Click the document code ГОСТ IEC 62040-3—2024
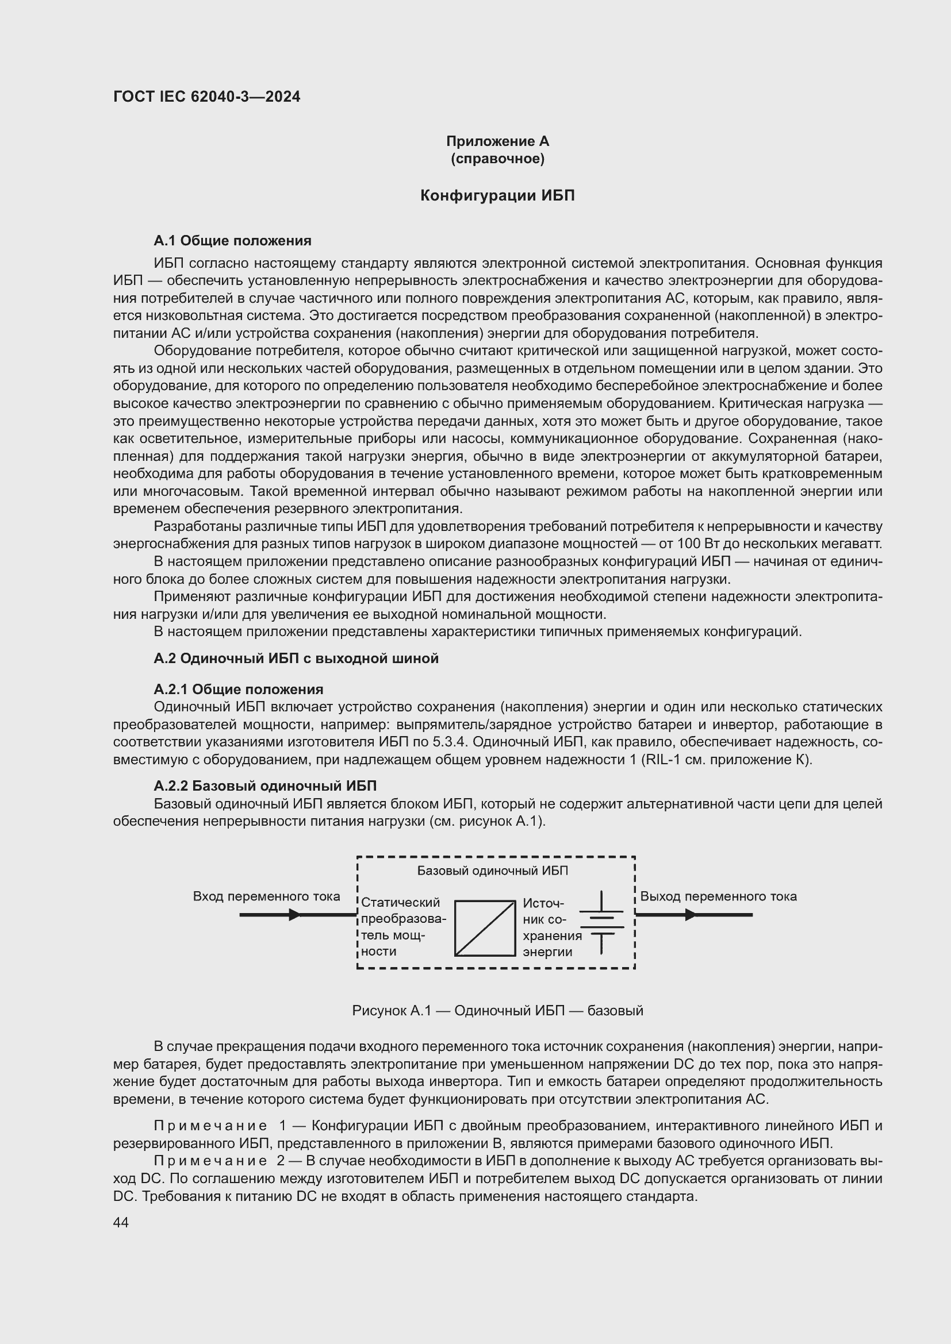(x=207, y=97)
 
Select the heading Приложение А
(x=497, y=141)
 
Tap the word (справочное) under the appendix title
(x=497, y=159)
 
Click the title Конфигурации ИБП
(x=497, y=195)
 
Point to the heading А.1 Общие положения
(x=232, y=241)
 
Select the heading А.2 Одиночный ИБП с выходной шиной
(x=296, y=658)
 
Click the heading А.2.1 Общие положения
(x=239, y=689)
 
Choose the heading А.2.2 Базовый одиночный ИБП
(x=264, y=785)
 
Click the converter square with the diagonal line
(x=484, y=928)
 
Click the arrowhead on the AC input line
(x=294, y=914)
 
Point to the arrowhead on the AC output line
(x=691, y=914)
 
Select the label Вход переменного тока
(x=266, y=896)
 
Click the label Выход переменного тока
(x=718, y=896)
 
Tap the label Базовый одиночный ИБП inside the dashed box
(x=493, y=871)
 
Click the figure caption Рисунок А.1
(x=497, y=1010)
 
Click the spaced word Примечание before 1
(x=210, y=1126)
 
